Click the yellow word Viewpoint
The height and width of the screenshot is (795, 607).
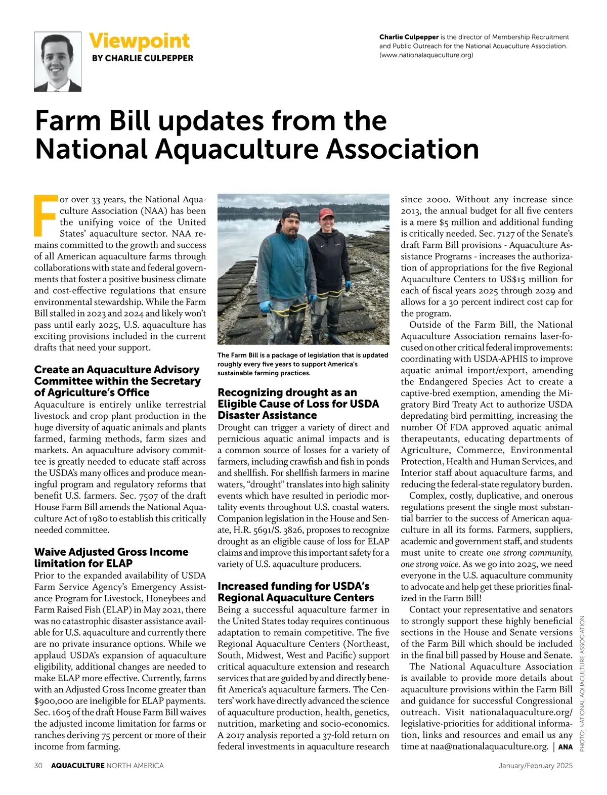tap(139, 40)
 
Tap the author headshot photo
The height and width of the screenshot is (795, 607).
tap(58, 62)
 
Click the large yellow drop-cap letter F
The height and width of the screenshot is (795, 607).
tap(45, 215)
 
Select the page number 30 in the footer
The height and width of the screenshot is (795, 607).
tap(38, 766)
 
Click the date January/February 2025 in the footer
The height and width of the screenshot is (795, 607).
tap(535, 766)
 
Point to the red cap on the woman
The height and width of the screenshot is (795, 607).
tap(326, 214)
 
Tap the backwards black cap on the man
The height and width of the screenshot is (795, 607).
tap(290, 212)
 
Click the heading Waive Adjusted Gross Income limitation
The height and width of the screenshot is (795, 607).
tap(111, 557)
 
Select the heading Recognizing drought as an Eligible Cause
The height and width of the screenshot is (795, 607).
tap(298, 404)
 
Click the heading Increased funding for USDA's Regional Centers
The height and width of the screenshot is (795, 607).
tap(295, 592)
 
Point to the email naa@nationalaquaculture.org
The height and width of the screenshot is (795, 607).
tap(489, 746)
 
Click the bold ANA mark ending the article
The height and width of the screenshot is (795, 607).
tap(566, 747)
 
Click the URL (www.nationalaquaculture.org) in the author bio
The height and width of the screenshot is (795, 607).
tap(426, 55)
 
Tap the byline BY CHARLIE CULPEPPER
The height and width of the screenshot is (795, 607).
tap(143, 58)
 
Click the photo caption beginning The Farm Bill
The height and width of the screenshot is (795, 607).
tap(302, 364)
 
